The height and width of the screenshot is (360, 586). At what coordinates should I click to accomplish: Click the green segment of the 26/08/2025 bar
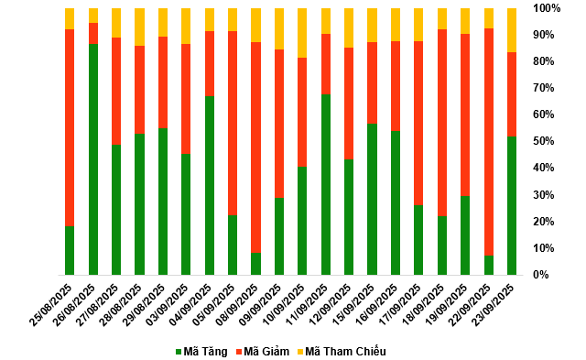93,159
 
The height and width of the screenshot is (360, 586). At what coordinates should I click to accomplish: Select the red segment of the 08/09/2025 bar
256,147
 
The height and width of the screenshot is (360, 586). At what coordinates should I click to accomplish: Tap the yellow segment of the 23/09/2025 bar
512,30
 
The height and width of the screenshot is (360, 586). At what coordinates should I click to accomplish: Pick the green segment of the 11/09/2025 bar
326,185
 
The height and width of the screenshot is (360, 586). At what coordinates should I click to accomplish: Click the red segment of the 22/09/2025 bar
489,142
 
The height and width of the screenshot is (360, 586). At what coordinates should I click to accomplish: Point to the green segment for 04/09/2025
210,186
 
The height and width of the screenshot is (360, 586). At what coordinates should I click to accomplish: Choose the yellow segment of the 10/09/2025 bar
302,33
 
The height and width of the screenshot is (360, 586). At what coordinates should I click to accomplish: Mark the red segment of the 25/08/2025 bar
70,128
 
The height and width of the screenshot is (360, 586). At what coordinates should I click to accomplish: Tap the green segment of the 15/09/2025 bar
373,200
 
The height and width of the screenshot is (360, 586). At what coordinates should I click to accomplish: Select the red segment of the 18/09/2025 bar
442,123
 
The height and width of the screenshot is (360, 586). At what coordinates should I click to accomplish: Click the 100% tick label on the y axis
547,8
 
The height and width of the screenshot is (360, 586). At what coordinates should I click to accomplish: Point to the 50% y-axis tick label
544,141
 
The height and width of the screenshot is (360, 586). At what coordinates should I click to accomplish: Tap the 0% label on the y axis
541,275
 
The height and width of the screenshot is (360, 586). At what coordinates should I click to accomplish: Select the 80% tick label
544,61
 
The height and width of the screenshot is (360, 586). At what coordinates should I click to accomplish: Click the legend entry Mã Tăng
201,352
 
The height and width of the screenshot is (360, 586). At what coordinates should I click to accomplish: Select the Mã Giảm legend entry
263,352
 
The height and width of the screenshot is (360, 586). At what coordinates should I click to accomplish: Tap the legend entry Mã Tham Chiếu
342,352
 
